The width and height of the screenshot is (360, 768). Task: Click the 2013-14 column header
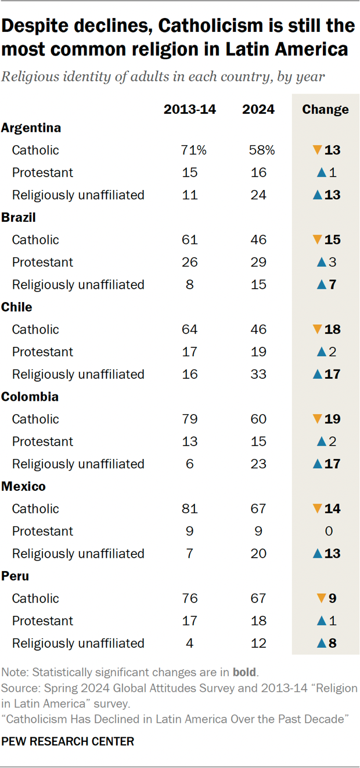click(x=189, y=109)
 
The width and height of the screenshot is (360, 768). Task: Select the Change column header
click(x=325, y=109)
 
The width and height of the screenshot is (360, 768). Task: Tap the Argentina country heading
click(x=31, y=128)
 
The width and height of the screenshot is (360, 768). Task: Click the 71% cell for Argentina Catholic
click(x=193, y=150)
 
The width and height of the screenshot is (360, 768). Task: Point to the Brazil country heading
click(x=19, y=217)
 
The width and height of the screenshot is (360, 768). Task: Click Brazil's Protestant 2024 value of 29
click(x=259, y=262)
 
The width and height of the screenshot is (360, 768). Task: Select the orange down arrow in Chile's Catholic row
click(x=316, y=329)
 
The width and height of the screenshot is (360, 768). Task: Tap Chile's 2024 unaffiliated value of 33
click(x=259, y=374)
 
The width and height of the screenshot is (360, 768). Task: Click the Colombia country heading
click(x=30, y=397)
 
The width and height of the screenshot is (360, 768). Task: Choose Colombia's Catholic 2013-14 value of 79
click(x=189, y=419)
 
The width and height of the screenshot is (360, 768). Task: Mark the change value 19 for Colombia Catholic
click(x=333, y=419)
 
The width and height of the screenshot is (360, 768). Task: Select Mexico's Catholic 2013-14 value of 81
click(x=189, y=509)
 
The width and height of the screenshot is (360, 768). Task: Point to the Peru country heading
click(x=15, y=576)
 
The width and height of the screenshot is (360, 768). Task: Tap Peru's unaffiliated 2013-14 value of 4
click(x=189, y=643)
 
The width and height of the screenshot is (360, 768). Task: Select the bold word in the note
click(x=244, y=673)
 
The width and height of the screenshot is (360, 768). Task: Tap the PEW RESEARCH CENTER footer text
click(x=68, y=741)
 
